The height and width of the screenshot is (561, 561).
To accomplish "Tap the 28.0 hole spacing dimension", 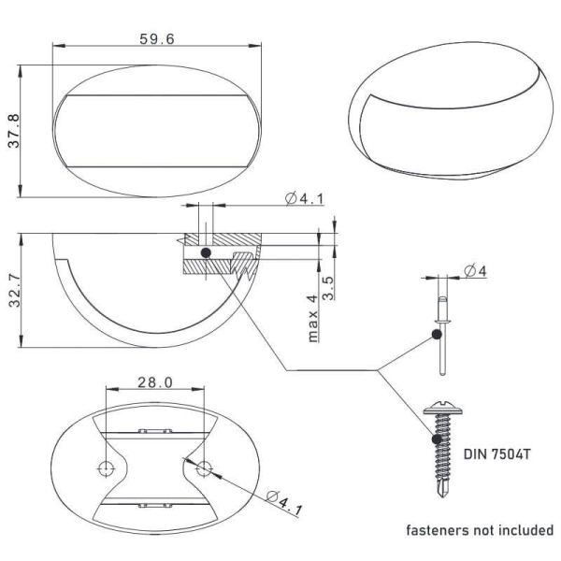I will (156, 382).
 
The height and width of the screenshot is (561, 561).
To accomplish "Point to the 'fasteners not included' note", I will (479, 530).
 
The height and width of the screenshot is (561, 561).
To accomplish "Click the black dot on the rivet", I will (437, 334).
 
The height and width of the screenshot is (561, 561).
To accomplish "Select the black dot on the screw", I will (437, 436).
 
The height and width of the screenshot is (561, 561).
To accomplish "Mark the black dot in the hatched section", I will (207, 252).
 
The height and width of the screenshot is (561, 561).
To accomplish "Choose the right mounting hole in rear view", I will (205, 466).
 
